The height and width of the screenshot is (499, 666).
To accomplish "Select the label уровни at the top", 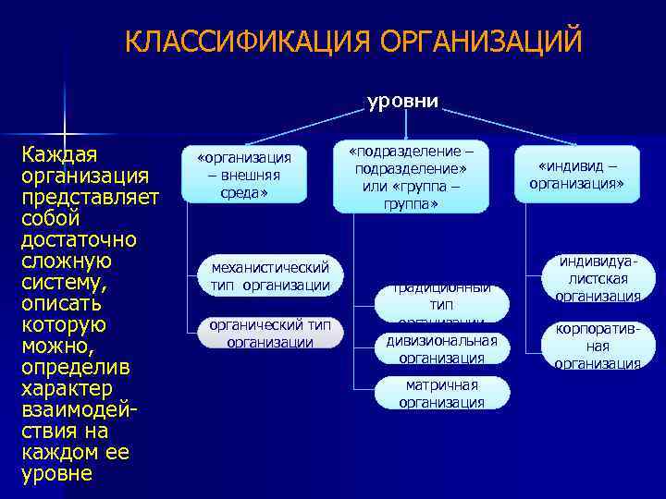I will tap(402, 101).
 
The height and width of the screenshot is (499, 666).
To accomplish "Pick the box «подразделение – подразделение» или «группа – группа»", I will tap(411, 176).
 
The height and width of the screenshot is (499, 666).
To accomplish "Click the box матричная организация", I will tap(441, 393).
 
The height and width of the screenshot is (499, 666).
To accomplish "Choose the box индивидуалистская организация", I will tap(598, 279).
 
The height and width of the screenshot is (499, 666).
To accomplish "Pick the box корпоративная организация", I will tap(598, 346).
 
